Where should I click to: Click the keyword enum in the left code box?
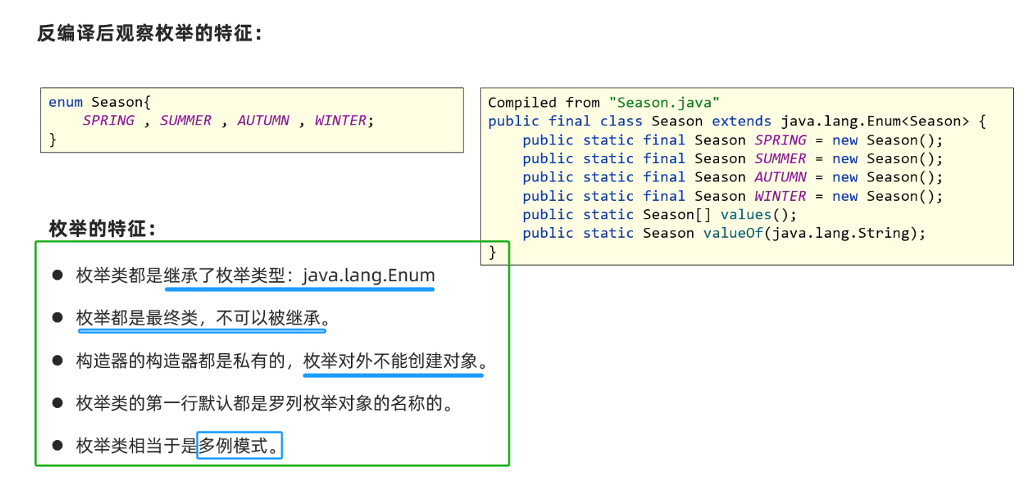(66, 102)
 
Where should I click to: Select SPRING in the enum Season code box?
(108, 120)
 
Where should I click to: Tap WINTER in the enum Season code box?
(340, 120)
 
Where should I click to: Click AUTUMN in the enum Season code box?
(263, 120)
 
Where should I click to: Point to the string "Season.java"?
(664, 103)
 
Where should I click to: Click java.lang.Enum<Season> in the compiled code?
(875, 121)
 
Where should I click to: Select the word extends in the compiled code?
(741, 121)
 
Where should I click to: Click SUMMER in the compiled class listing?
(780, 159)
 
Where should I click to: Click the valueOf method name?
(732, 233)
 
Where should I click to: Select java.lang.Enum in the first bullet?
(368, 275)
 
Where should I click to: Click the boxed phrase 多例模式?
(239, 446)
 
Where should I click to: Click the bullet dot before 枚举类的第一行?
(58, 404)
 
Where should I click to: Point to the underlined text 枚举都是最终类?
(137, 318)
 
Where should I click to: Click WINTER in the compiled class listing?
(780, 196)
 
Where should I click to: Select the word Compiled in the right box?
(523, 103)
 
